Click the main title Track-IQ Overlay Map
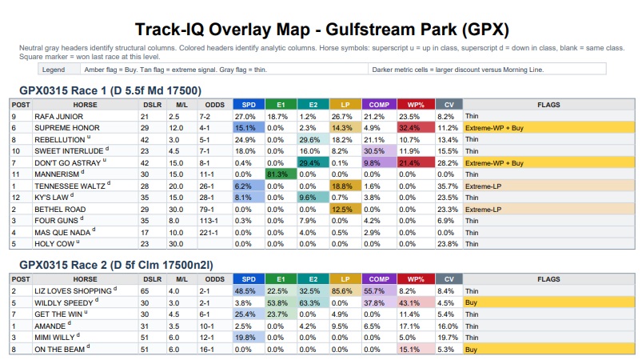point(321,30)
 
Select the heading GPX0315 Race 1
point(109,90)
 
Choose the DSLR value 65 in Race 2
point(146,291)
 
